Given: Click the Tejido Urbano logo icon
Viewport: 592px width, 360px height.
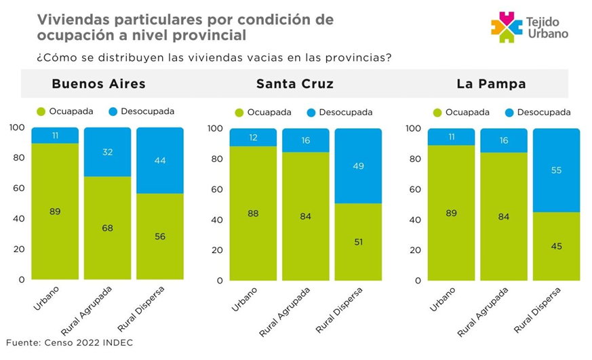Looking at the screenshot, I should [x=505, y=26].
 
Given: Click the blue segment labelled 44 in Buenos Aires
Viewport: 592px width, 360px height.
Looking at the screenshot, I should [x=160, y=161].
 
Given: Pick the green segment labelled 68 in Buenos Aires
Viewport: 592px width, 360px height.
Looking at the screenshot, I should [x=107, y=228].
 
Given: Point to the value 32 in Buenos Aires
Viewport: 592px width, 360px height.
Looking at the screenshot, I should [x=107, y=153].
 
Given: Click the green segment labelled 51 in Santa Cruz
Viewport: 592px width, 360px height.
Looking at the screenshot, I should [x=358, y=241].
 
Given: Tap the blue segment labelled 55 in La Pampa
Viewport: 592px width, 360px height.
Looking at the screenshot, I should [x=556, y=170].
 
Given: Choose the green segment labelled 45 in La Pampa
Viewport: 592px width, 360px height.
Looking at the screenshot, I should [x=556, y=246].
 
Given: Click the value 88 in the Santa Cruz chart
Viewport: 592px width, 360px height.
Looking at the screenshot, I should [x=253, y=213].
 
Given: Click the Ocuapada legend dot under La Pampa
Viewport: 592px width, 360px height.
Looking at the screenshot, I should [x=437, y=113].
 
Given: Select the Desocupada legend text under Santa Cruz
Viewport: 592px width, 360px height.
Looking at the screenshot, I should [x=346, y=113].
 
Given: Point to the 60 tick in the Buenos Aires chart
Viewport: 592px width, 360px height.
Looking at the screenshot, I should [x=18, y=188].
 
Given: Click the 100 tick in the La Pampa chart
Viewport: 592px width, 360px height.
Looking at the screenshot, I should [x=412, y=128].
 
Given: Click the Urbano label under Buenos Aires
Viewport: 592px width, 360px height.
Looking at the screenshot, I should [x=46, y=299].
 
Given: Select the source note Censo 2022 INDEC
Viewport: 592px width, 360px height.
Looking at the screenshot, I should [x=69, y=342].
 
